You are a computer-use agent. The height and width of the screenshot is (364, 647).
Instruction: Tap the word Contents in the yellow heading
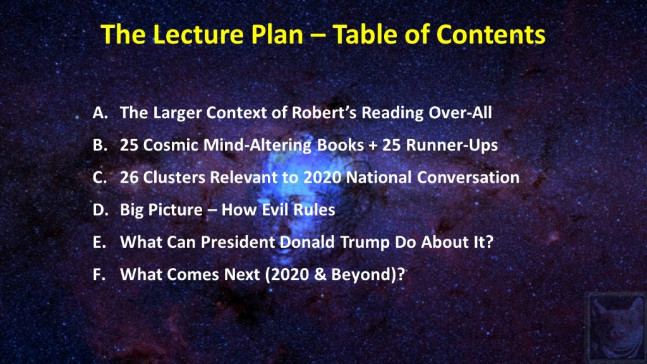(491, 34)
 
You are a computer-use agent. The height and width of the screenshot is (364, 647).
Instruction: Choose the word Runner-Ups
(452, 145)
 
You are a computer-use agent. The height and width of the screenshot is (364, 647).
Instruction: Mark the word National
(378, 178)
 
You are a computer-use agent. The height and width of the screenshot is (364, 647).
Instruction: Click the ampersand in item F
(320, 274)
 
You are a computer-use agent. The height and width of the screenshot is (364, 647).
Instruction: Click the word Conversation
(468, 178)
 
